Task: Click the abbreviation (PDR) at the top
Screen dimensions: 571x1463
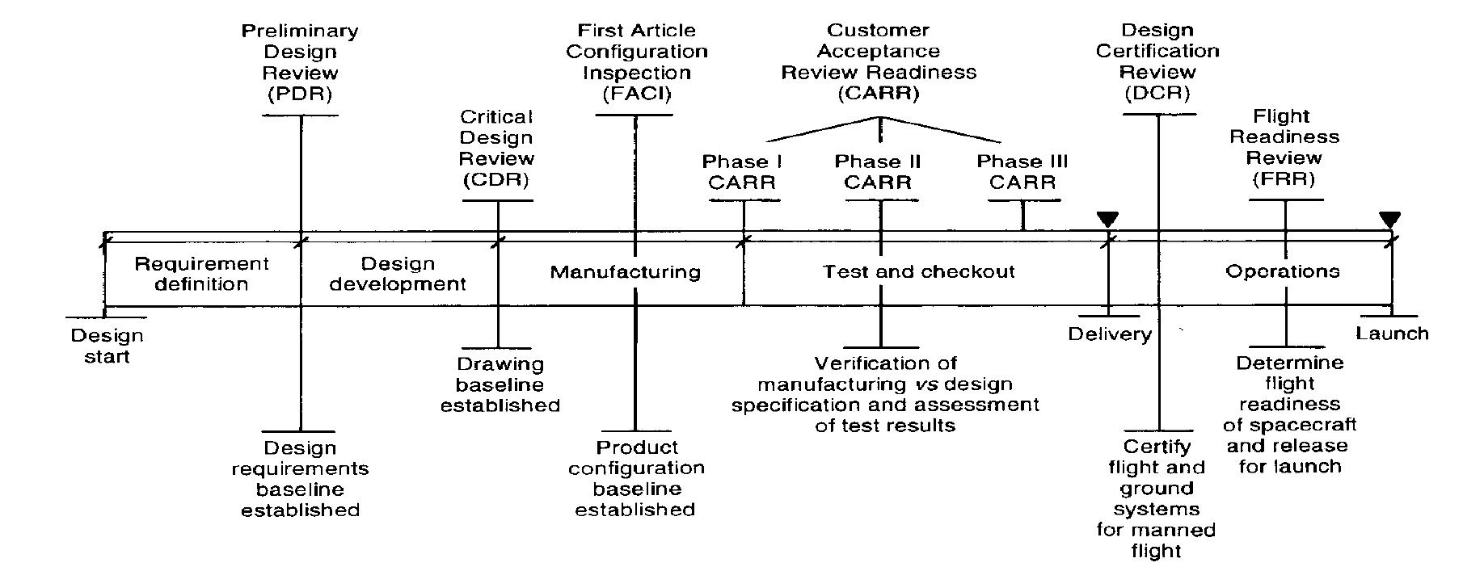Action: pyautogui.click(x=300, y=94)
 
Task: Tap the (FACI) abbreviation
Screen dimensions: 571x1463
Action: pyautogui.click(x=636, y=94)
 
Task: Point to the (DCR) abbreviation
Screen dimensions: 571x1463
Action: pyautogui.click(x=1157, y=93)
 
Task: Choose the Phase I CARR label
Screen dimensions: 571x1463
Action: pyautogui.click(x=741, y=172)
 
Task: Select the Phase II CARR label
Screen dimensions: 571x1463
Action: pyautogui.click(x=878, y=172)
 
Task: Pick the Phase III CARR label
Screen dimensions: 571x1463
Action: pyautogui.click(x=1022, y=172)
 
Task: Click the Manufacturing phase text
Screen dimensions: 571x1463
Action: pyautogui.click(x=625, y=272)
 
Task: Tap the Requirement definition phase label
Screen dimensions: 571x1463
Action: pyautogui.click(x=201, y=274)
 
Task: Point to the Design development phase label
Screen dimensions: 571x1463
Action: pyautogui.click(x=398, y=274)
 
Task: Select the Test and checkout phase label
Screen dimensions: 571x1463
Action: pyautogui.click(x=918, y=272)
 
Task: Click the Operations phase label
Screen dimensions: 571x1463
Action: pyautogui.click(x=1282, y=272)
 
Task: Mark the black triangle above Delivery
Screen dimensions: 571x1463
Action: pyautogui.click(x=1107, y=219)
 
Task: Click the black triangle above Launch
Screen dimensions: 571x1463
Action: pyautogui.click(x=1389, y=219)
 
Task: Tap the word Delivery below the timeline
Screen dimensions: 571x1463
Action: pyautogui.click(x=1110, y=334)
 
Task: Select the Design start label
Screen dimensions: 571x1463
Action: pyautogui.click(x=107, y=346)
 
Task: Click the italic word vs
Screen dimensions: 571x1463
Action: pyautogui.click(x=924, y=384)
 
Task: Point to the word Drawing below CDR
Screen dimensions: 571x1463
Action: pyautogui.click(x=500, y=364)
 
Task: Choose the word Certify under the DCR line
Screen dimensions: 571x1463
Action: pyautogui.click(x=1157, y=447)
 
